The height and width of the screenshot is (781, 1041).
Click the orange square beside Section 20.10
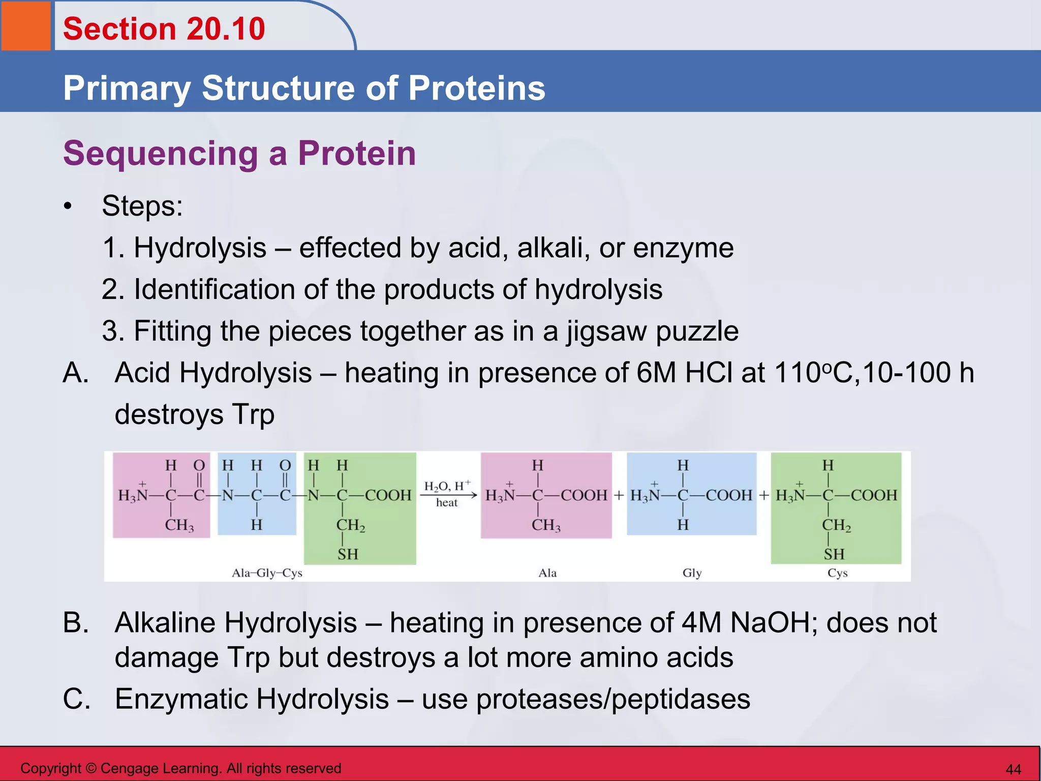point(25,25)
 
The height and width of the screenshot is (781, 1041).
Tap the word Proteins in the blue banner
point(476,88)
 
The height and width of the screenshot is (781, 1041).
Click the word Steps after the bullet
point(142,206)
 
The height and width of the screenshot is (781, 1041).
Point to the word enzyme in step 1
point(683,249)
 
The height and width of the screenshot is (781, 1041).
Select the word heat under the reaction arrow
point(447,503)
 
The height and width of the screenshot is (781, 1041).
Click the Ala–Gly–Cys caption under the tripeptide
point(267,573)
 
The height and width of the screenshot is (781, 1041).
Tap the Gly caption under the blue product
point(692,573)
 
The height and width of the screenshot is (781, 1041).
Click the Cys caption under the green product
point(837,573)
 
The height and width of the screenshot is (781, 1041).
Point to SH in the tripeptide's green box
point(348,554)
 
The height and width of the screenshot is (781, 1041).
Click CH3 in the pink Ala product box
point(546,525)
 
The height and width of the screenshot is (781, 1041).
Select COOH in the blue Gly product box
point(729,495)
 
